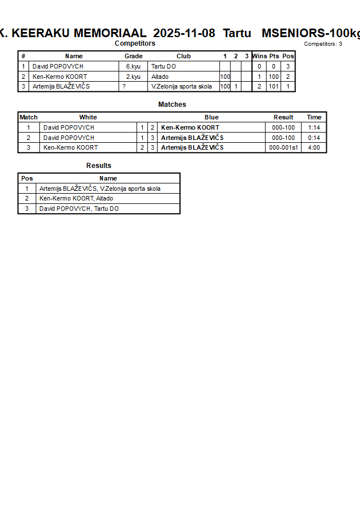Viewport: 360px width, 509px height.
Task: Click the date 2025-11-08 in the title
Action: tap(185, 33)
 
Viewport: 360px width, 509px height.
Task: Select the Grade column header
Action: tap(133, 56)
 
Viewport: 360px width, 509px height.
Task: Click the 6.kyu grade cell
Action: tap(133, 66)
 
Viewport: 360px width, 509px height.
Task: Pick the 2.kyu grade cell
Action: tap(133, 77)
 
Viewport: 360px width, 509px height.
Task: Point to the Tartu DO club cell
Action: tap(163, 66)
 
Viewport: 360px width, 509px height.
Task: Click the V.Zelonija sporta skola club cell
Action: tap(182, 87)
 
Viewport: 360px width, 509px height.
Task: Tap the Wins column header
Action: tap(259, 56)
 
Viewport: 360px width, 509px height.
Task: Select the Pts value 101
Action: tap(274, 87)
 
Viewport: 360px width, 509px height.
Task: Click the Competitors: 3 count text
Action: tap(323, 44)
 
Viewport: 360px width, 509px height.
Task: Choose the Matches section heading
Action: tap(172, 105)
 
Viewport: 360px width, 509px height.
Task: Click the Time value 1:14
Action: tap(314, 127)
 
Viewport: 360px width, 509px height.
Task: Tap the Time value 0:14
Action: tap(314, 138)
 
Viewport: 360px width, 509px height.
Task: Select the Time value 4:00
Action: tap(314, 147)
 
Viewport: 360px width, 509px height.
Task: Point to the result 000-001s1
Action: tap(283, 147)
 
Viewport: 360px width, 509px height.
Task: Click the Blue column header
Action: tap(211, 117)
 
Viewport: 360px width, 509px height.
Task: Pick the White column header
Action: tap(88, 117)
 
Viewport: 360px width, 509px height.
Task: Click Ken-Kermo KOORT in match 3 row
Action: tap(70, 147)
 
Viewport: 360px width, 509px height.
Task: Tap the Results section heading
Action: tap(99, 166)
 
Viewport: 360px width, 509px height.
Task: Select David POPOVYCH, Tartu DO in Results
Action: tap(79, 209)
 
